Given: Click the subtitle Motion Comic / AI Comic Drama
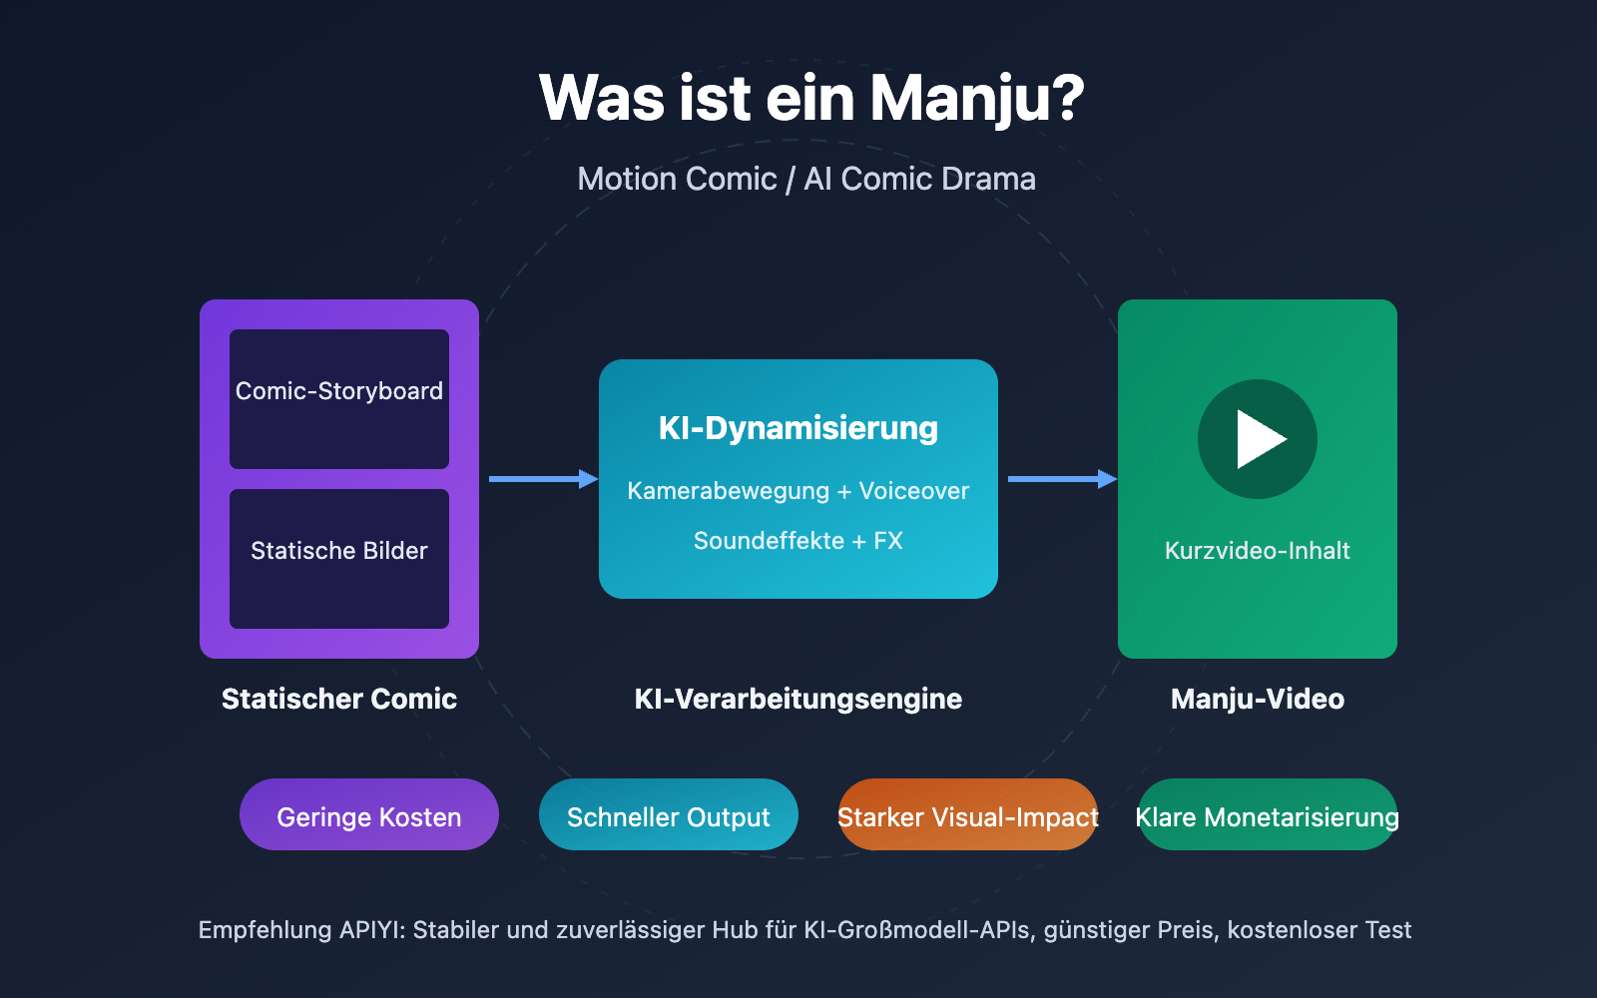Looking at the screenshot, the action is pos(806,179).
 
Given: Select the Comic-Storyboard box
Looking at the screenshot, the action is pos(339,398).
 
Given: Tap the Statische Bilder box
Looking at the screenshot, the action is pos(339,558).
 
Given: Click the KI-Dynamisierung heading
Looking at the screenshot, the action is pos(798,428).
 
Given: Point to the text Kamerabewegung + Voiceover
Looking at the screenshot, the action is pos(798,491).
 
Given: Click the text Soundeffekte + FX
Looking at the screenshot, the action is pos(798,541).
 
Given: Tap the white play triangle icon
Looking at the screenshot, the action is pos(1260,439).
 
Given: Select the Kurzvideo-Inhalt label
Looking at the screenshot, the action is pos(1258,551).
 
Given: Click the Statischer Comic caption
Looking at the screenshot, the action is pos(339,699).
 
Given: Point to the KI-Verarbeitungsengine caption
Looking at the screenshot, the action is pos(798,699).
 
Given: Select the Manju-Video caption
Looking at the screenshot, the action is pos(1258,699).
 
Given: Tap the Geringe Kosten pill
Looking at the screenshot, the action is pos(369,815).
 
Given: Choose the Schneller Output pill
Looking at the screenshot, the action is pos(669,815).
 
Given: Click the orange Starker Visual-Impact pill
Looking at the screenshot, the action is pos(968,815).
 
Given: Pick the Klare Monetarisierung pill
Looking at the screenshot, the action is pos(1268,815).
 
